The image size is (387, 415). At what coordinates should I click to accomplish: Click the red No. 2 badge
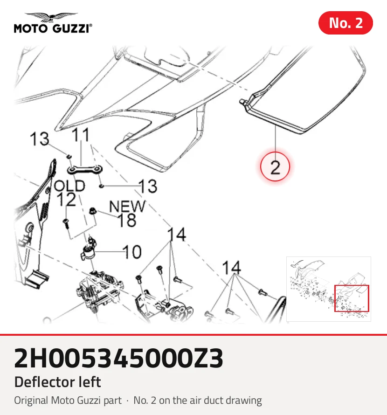(x=346, y=23)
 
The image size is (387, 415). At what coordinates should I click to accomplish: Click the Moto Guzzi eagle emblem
(x=52, y=17)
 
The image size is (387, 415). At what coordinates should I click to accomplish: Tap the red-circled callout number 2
(x=275, y=167)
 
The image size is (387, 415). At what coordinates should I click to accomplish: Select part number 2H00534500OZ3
(x=118, y=359)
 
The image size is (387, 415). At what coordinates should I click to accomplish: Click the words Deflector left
(x=57, y=382)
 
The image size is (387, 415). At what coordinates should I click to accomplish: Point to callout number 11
(x=81, y=135)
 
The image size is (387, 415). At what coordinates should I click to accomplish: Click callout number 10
(x=132, y=252)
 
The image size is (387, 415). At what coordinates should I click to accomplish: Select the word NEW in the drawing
(x=127, y=206)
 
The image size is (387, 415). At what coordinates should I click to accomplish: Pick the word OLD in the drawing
(x=69, y=186)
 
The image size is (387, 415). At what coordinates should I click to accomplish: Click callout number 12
(x=66, y=200)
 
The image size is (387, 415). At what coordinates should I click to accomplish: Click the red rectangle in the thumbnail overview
(x=352, y=298)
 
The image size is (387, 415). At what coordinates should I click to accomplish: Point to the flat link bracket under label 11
(x=85, y=170)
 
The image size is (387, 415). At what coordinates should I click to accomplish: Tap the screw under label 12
(x=66, y=224)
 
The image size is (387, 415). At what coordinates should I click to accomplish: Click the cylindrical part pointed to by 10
(x=88, y=251)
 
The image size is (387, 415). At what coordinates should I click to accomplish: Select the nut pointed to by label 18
(x=92, y=211)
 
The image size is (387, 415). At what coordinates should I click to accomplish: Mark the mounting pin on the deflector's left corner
(x=243, y=102)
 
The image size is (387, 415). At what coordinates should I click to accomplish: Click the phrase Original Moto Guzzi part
(x=68, y=401)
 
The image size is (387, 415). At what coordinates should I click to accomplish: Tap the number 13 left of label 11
(x=39, y=139)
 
